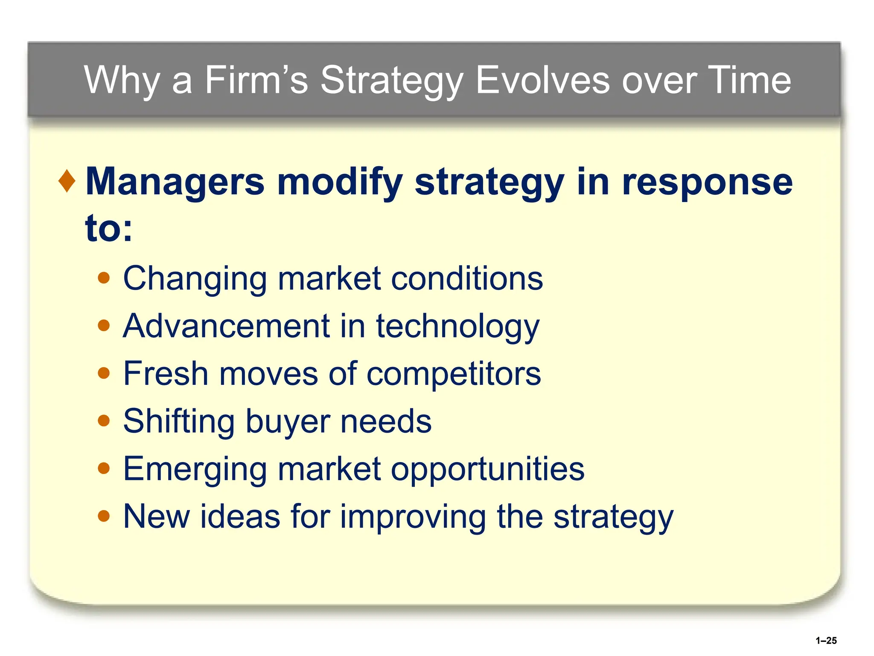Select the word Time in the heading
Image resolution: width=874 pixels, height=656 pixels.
pyautogui.click(x=749, y=80)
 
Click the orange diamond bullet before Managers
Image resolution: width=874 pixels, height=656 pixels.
pyautogui.click(x=67, y=181)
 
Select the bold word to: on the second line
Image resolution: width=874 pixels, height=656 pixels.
pyautogui.click(x=109, y=228)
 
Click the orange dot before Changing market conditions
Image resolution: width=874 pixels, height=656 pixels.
pyautogui.click(x=104, y=278)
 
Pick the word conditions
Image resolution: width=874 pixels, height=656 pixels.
pyautogui.click(x=467, y=278)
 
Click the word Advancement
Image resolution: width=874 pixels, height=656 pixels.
pyautogui.click(x=227, y=326)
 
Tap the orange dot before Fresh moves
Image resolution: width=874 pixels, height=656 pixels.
pyautogui.click(x=104, y=374)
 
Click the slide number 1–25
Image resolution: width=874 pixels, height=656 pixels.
pyautogui.click(x=826, y=640)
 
